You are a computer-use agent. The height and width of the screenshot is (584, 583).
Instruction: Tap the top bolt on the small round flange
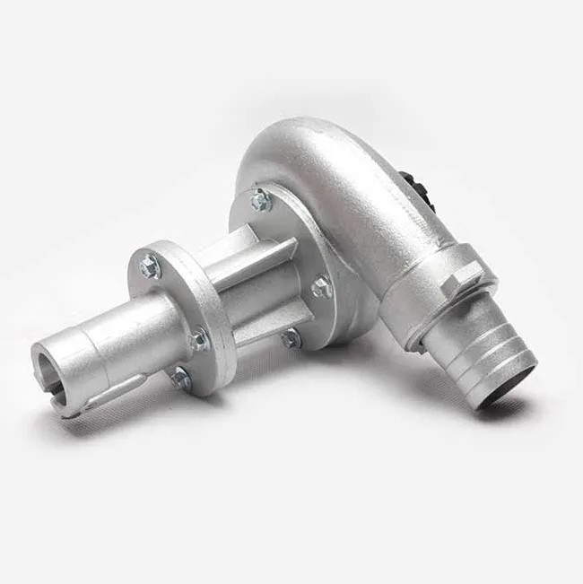click(x=149, y=266)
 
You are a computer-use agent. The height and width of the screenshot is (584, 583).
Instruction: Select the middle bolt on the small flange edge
click(x=199, y=340)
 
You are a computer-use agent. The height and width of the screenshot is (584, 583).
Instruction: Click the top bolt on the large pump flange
click(x=261, y=201)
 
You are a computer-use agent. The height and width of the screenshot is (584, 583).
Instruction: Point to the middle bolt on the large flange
click(x=321, y=287)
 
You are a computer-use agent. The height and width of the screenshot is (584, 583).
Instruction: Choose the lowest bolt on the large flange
click(x=290, y=338)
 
